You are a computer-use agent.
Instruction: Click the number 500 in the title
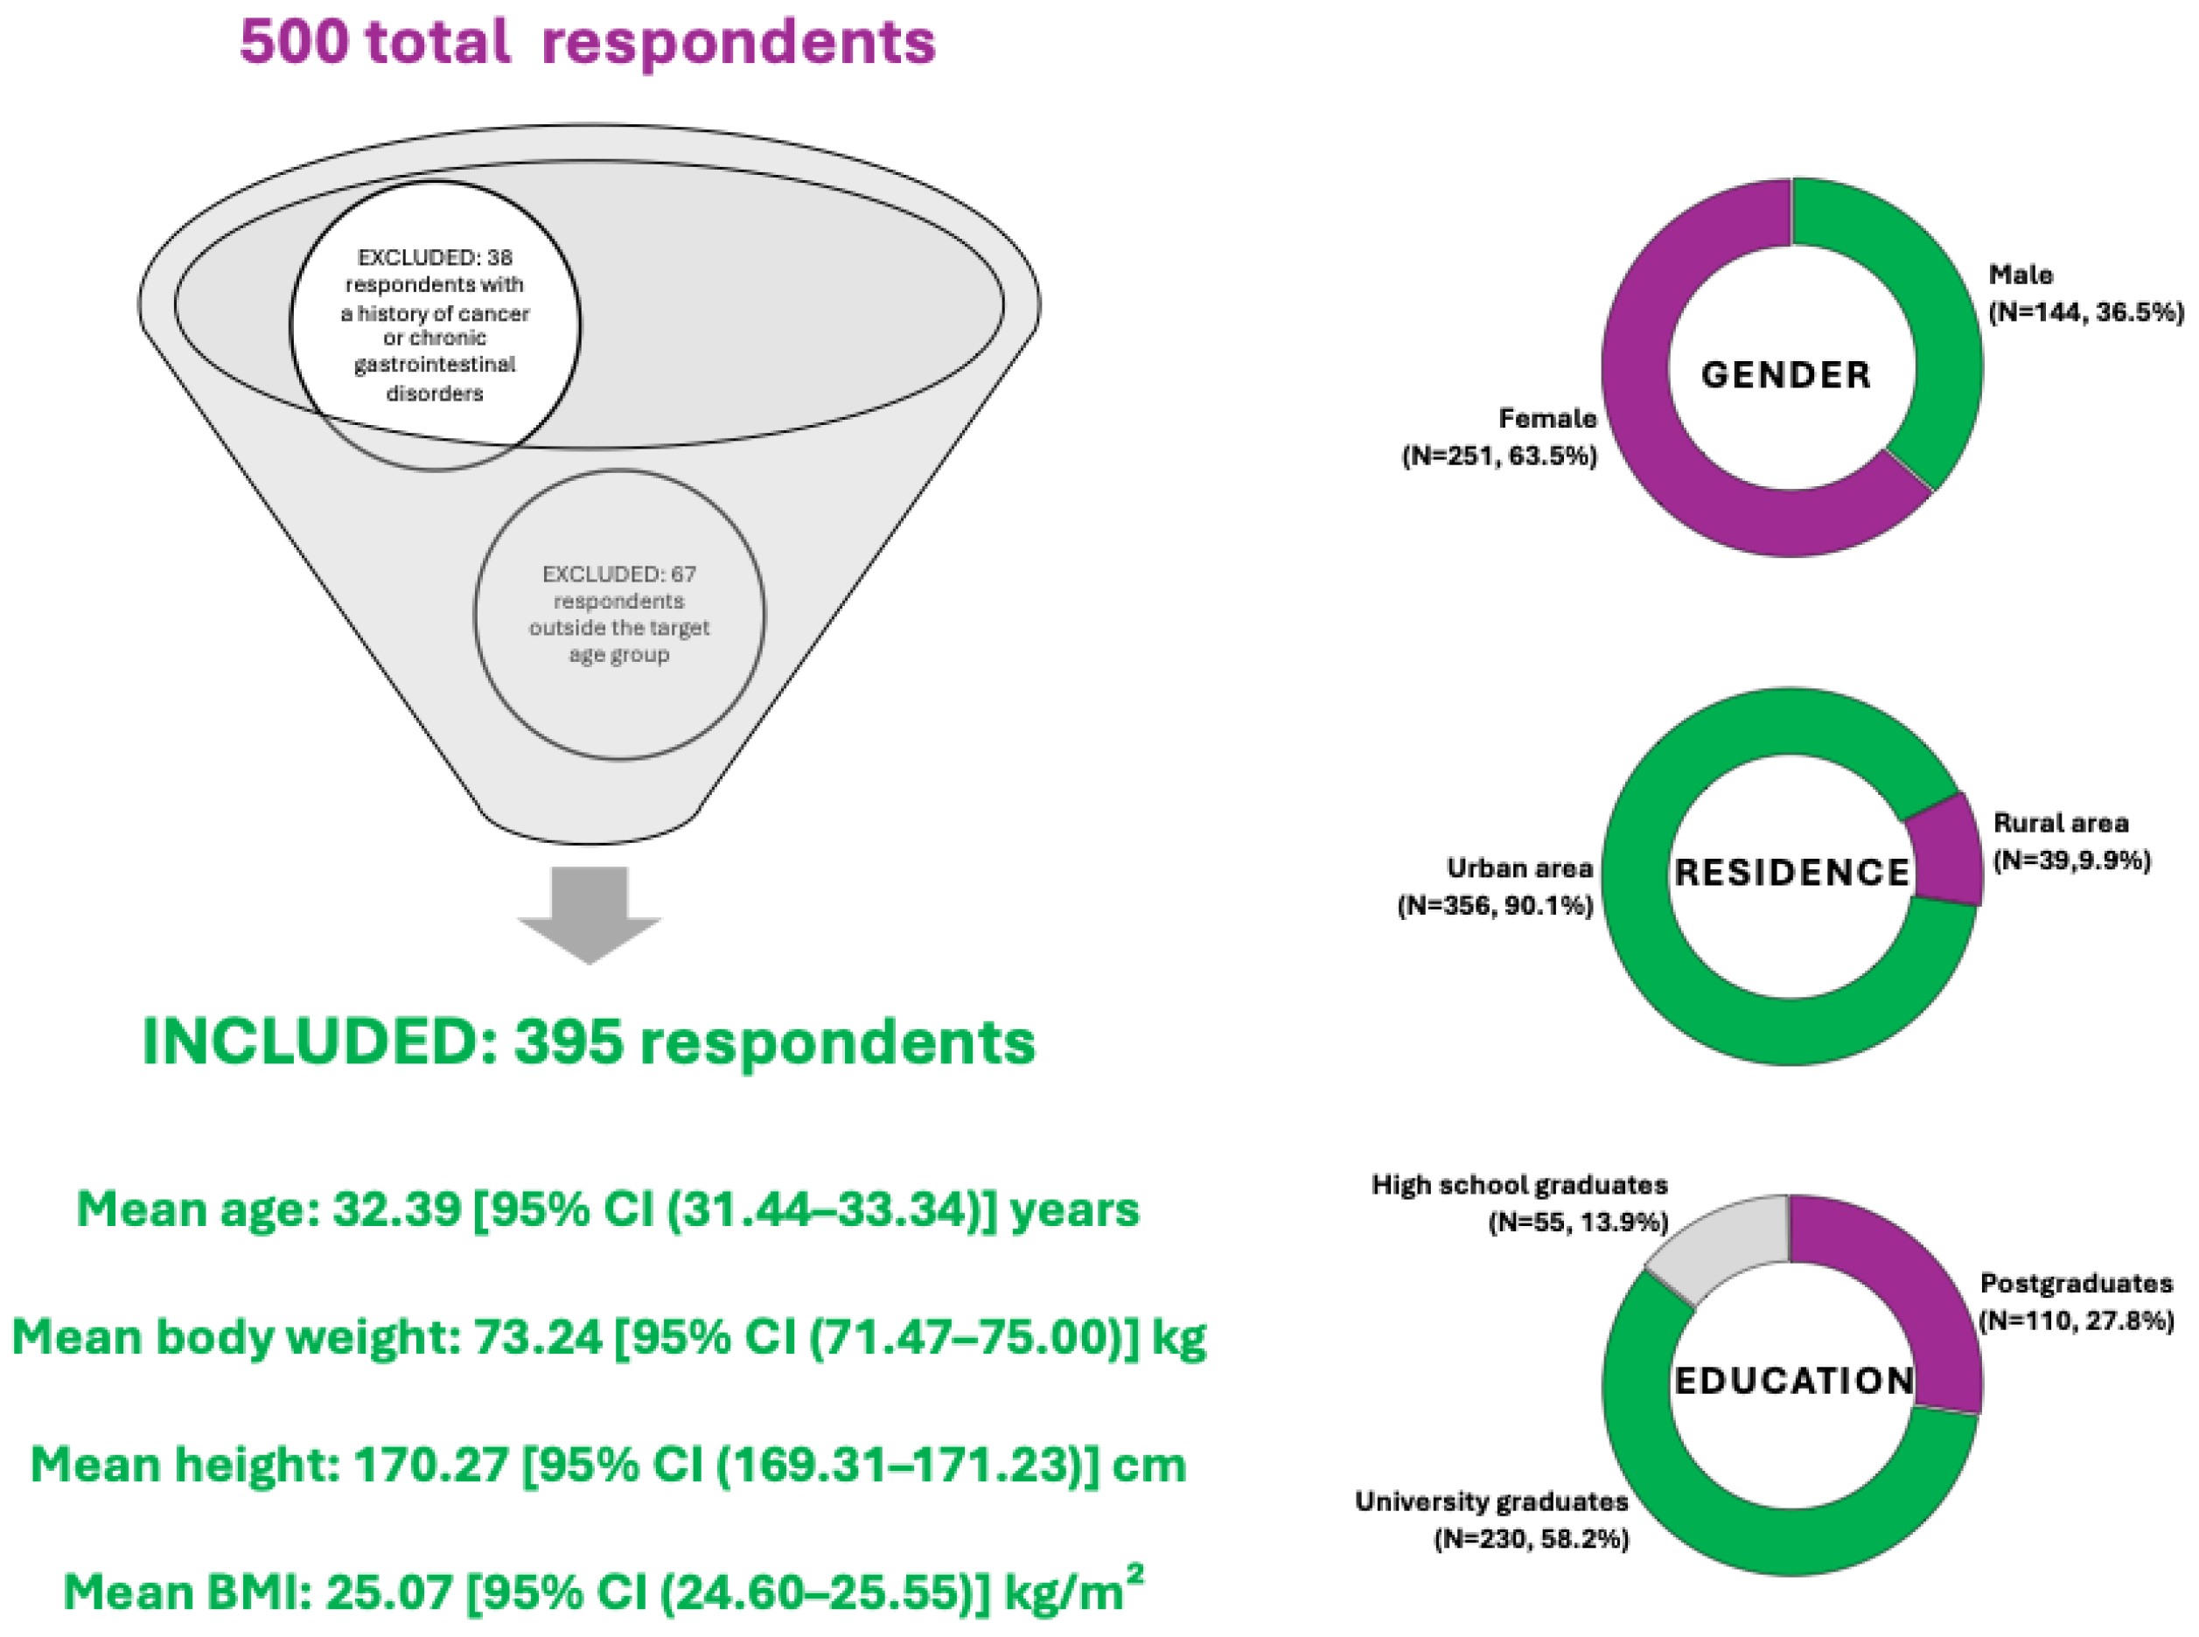pyautogui.click(x=294, y=43)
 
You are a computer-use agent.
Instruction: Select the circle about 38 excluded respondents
pyautogui.click(x=435, y=325)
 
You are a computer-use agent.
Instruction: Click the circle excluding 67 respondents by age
pyautogui.click(x=619, y=615)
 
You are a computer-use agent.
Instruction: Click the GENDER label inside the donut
pyautogui.click(x=1786, y=375)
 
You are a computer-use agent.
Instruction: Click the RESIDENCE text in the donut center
pyautogui.click(x=1791, y=873)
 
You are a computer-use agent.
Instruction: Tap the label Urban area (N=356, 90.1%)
pyautogui.click(x=1496, y=887)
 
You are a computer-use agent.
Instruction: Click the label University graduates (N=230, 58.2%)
pyautogui.click(x=1492, y=1520)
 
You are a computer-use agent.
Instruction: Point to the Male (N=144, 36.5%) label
pyautogui.click(x=2086, y=293)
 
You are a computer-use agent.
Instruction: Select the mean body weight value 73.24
pyautogui.click(x=537, y=1338)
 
